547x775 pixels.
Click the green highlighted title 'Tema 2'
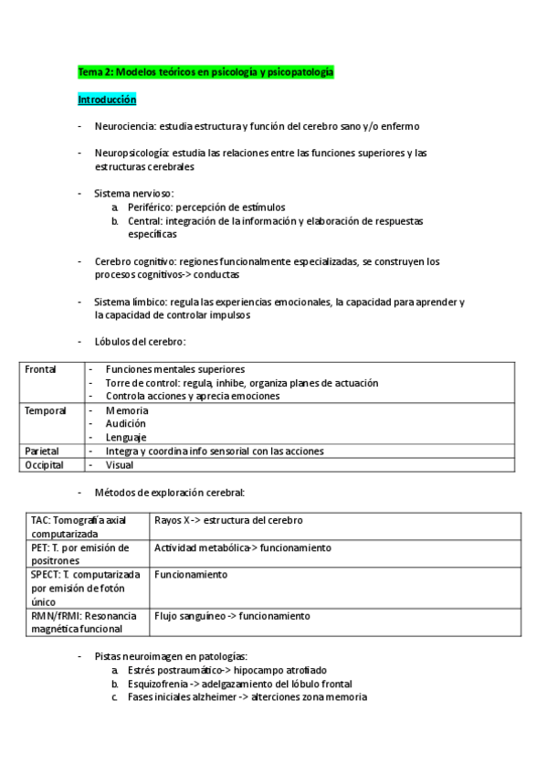point(205,70)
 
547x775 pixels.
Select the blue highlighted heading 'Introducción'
point(107,99)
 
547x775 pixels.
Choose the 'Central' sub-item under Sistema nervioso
point(145,221)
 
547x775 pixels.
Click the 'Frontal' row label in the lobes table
point(40,369)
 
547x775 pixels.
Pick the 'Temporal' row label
point(45,410)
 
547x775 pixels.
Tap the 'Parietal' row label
point(42,451)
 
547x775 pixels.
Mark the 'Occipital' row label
point(44,464)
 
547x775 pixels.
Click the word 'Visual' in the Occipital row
point(120,464)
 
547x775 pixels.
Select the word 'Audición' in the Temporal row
point(125,424)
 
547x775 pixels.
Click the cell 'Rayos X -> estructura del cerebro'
point(228,520)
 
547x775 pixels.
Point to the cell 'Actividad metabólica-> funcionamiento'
point(242,547)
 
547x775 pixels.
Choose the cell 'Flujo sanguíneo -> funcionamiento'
point(232,616)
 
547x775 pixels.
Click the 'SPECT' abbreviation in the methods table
point(47,575)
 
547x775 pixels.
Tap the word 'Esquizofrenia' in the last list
point(155,684)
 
